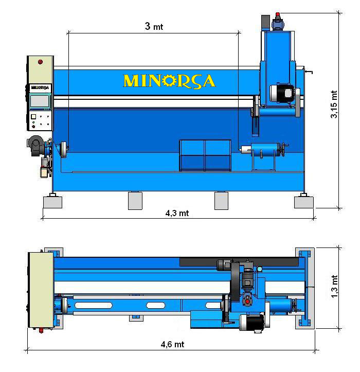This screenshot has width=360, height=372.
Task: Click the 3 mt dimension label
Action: pos(154,26)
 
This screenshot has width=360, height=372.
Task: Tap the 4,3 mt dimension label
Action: pos(177,213)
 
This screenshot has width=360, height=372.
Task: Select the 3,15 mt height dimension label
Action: pos(334,104)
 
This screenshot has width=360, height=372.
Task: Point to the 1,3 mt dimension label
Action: pos(334,287)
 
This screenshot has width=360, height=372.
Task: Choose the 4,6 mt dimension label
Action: pos(172,344)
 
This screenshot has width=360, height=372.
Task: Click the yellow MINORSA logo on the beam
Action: pos(169,81)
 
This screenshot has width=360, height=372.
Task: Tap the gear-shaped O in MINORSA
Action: pos(169,81)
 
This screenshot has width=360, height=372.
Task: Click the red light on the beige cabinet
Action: pos(40,62)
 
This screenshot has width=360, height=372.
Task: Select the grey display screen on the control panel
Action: pos(40,101)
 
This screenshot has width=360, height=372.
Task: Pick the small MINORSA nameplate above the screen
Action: pos(40,87)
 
